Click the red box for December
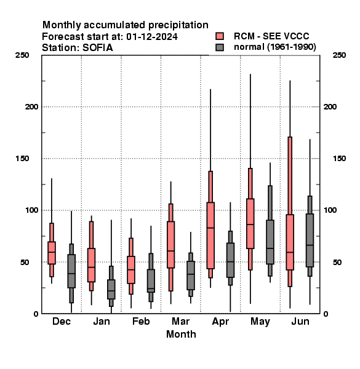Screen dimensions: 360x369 pyautogui.click(x=52, y=253)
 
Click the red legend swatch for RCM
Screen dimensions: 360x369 pyautogui.click(x=220, y=36)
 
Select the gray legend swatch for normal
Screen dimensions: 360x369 pyautogui.click(x=220, y=47)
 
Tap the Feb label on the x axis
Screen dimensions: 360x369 pyautogui.click(x=141, y=321)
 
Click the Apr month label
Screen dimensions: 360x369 pyautogui.click(x=220, y=322)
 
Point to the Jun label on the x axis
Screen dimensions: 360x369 pyautogui.click(x=300, y=321)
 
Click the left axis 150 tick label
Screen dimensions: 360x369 pyautogui.click(x=22, y=159)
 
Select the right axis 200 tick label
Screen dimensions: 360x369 pyautogui.click(x=330, y=107)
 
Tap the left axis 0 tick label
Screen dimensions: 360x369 pyautogui.click(x=36, y=314)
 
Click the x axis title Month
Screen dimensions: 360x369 pyautogui.click(x=181, y=334)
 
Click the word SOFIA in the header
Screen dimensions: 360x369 pyautogui.click(x=98, y=48)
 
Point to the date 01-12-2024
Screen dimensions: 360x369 pyautogui.click(x=152, y=37)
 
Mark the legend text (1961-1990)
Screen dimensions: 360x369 pyautogui.click(x=292, y=47)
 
